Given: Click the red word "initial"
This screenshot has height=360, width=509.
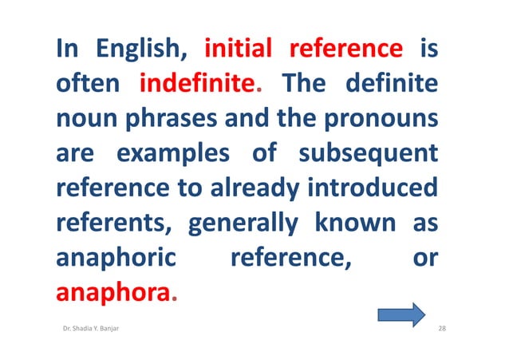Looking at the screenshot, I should point(239,50).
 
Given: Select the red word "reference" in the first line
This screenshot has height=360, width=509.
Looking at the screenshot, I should point(345,50).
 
